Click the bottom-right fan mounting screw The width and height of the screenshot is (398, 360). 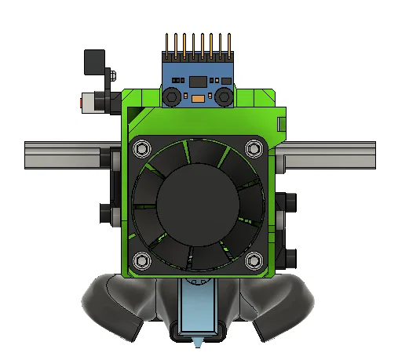[x=253, y=260]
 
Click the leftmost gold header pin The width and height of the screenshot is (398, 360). [x=166, y=44]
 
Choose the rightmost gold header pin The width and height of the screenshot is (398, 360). [x=228, y=44]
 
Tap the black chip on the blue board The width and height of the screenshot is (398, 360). [x=196, y=82]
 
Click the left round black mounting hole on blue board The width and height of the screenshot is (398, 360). [x=170, y=96]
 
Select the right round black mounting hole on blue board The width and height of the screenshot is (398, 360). [x=224, y=96]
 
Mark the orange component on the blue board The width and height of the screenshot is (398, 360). [x=198, y=100]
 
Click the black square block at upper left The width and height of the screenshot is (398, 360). [x=95, y=60]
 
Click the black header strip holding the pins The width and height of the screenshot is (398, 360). [x=197, y=59]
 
